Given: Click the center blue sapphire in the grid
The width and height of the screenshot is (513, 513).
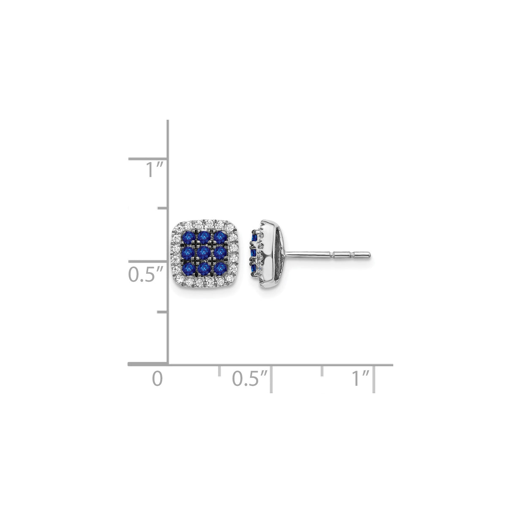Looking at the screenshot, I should coord(204,253).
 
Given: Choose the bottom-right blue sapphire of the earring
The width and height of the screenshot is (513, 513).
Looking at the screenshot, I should coord(219,268).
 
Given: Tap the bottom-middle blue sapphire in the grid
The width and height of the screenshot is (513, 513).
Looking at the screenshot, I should coord(204,268).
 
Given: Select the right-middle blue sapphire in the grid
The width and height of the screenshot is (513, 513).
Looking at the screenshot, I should coord(219,253).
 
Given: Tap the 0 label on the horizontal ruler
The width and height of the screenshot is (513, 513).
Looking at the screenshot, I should coord(157,378).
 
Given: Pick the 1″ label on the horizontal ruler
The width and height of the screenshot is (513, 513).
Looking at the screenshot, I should coord(360,378).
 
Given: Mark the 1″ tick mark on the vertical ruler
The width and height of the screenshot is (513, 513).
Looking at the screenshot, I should coord(148,159).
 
